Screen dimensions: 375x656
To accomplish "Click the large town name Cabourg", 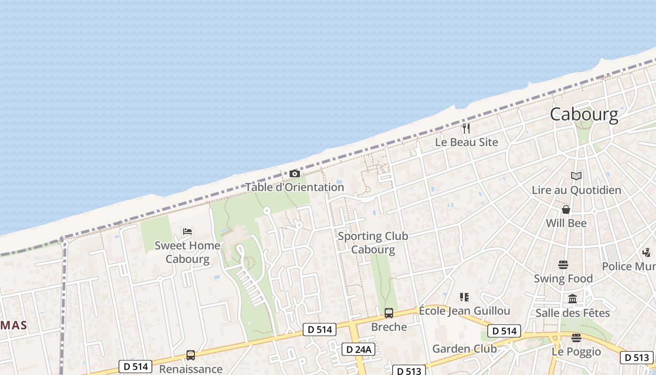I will tap(584, 114).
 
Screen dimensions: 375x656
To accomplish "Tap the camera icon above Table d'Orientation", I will tap(294, 174).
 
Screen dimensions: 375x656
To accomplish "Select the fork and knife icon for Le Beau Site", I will tap(466, 127).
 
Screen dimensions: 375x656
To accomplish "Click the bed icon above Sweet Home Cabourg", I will tap(187, 232).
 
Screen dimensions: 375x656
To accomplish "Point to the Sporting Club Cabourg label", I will tap(373, 243).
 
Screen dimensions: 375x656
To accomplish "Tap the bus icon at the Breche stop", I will tap(389, 313).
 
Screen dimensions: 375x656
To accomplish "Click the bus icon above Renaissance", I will tap(190, 355).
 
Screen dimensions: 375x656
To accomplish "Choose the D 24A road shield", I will tap(359, 349).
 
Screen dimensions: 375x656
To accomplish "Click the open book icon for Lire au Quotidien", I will tap(576, 176).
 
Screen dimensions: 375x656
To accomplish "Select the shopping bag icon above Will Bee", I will tap(566, 210).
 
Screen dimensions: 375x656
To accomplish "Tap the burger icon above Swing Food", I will tap(563, 265).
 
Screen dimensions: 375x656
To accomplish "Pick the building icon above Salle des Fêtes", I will tap(573, 299).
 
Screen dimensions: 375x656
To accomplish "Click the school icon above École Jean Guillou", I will tap(464, 297).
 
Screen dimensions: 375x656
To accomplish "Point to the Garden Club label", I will tap(464, 349).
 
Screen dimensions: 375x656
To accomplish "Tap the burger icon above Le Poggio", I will tap(576, 338).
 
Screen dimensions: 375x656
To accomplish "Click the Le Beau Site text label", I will tap(467, 142).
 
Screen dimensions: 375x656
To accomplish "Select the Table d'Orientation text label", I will tap(295, 187).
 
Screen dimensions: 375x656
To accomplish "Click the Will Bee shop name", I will tap(566, 223).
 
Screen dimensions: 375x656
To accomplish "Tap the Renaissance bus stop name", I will tap(191, 369).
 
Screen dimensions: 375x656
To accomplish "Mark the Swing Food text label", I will tap(563, 279).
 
